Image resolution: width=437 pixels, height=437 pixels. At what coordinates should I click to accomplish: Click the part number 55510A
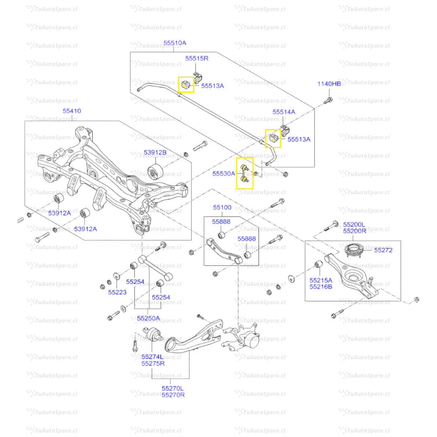175,42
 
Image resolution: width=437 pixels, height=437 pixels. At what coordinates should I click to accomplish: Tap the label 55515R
197,58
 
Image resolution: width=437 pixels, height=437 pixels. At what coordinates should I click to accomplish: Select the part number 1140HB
329,84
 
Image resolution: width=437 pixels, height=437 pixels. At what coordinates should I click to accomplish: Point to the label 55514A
284,112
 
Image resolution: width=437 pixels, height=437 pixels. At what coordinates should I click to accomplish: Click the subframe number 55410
72,110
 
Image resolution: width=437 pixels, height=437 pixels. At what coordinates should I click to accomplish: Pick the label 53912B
155,153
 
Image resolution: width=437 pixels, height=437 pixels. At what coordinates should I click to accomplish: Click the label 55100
222,208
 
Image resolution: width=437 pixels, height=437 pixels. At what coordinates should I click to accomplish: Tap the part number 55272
383,250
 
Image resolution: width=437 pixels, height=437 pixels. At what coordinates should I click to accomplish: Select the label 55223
117,292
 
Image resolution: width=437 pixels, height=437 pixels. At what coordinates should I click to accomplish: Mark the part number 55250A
148,318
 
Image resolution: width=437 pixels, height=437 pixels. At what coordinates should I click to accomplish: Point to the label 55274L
153,356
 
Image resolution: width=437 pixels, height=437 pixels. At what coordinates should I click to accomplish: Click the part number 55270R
173,395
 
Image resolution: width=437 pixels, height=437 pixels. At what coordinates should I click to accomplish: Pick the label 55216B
321,286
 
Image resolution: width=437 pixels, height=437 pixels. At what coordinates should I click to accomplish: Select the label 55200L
354,224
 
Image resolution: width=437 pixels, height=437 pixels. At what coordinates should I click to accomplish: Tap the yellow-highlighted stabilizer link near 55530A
244,174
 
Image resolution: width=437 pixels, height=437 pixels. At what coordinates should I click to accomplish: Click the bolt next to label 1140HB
328,99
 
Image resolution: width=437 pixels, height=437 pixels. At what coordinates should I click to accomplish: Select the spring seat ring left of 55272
356,250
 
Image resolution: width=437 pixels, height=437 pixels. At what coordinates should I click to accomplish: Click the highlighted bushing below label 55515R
186,85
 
